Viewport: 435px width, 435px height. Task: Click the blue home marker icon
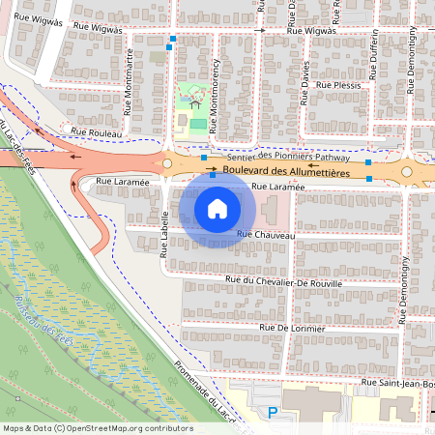click(217, 207)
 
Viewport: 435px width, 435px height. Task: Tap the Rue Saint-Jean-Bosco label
click(396, 382)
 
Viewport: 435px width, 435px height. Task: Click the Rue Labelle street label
click(164, 235)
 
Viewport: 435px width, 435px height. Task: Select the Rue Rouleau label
click(97, 130)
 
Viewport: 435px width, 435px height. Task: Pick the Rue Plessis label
click(345, 85)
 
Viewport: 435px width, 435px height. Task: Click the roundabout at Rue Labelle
click(166, 165)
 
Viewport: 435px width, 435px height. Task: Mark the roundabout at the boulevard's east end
click(407, 172)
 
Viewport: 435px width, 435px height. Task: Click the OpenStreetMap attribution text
click(98, 427)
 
